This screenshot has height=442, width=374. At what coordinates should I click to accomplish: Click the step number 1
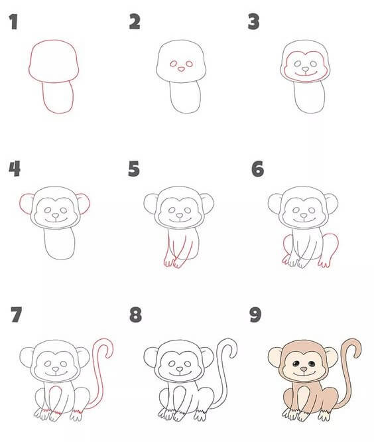point(13,22)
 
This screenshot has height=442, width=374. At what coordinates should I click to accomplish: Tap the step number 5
point(134,169)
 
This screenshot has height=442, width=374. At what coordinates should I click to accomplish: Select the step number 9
point(255,315)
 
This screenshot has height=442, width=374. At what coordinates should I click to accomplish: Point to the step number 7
point(17,315)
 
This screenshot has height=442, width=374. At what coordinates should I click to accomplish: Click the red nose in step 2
point(182,68)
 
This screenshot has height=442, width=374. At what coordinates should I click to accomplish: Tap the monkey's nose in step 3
point(305,69)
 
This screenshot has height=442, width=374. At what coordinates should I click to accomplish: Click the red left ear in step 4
point(26,203)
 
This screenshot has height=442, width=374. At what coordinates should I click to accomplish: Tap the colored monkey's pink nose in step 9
point(304,369)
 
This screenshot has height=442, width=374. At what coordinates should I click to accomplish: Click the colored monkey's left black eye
point(296,364)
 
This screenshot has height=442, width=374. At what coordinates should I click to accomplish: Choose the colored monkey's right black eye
point(312,364)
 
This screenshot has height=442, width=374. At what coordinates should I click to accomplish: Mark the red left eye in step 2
point(174,64)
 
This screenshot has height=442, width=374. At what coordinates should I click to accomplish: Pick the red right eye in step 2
point(189,64)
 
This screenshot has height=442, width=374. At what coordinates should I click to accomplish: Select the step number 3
point(254,22)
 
